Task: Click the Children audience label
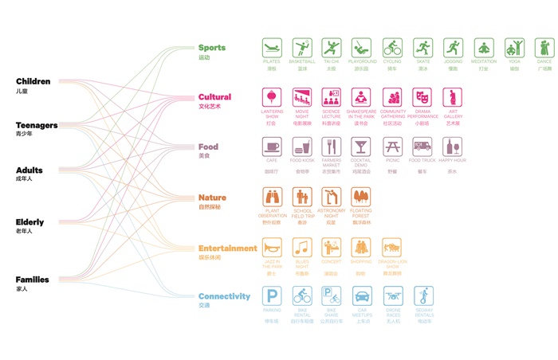pyautogui.click(x=33, y=81)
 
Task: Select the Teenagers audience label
pyautogui.click(x=37, y=125)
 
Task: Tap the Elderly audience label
pyautogui.click(x=29, y=222)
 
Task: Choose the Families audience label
pyautogui.click(x=32, y=280)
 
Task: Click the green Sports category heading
pyautogui.click(x=212, y=48)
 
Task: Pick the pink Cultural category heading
pyautogui.click(x=215, y=97)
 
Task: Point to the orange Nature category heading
pyautogui.click(x=212, y=198)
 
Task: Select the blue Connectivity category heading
pyautogui.click(x=224, y=296)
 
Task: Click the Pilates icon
pyautogui.click(x=273, y=47)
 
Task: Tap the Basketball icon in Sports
pyautogui.click(x=302, y=47)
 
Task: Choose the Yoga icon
pyautogui.click(x=514, y=47)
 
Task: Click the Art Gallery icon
pyautogui.click(x=453, y=97)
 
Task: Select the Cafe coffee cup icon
pyautogui.click(x=273, y=147)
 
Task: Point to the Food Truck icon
pyautogui.click(x=422, y=147)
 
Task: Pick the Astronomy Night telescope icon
pyautogui.click(x=332, y=197)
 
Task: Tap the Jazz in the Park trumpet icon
pyautogui.click(x=273, y=247)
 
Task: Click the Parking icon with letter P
pyautogui.click(x=273, y=296)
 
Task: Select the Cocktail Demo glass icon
pyautogui.click(x=362, y=147)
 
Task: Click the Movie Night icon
pyautogui.click(x=302, y=97)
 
